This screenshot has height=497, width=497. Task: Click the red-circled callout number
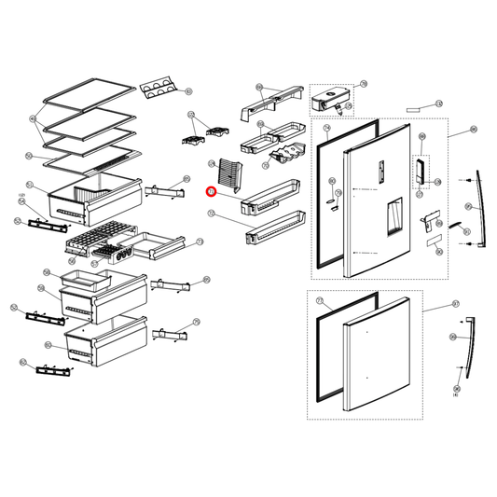(x=211, y=192)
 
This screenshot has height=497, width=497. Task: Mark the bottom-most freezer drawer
(x=106, y=338)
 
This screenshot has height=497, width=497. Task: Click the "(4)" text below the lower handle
(x=455, y=395)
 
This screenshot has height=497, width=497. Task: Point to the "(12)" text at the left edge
(x=20, y=195)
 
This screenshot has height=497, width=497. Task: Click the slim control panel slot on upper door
(x=382, y=171)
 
